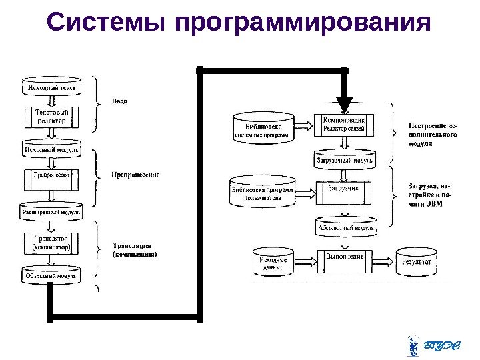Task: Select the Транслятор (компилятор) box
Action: tap(51, 243)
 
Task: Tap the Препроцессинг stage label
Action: tap(135, 175)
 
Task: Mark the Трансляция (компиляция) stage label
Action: tap(135, 249)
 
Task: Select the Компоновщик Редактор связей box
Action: tap(343, 124)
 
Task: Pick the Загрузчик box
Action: tap(343, 191)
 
